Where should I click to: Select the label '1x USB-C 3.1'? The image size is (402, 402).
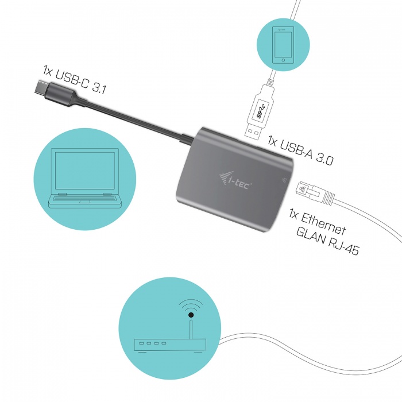tap(75, 79)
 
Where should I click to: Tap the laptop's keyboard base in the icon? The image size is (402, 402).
tap(84, 201)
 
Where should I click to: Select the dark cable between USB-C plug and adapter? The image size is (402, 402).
tap(132, 118)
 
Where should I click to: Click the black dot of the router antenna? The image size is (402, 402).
tap(191, 315)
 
